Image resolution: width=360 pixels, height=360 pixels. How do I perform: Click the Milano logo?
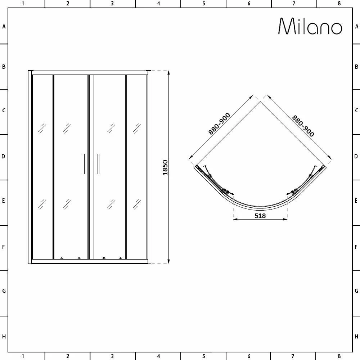[x=310, y=26]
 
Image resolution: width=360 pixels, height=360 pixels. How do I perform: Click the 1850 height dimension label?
[x=165, y=167]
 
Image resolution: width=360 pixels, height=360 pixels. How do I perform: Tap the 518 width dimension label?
[x=260, y=216]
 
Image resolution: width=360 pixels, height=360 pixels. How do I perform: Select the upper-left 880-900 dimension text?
[x=219, y=123]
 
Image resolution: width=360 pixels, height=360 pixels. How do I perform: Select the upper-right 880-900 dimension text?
[x=303, y=126]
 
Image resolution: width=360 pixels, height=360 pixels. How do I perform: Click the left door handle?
[x=84, y=164]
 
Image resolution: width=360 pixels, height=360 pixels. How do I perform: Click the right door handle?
[x=98, y=164]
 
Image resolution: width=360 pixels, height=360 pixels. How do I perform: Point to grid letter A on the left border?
[x=4, y=26]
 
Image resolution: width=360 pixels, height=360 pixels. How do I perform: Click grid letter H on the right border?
[x=356, y=337]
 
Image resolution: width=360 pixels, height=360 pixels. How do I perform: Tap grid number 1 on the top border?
[x=23, y=4]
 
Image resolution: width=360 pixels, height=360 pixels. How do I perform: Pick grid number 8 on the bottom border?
[x=339, y=356]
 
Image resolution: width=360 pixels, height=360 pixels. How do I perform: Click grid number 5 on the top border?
[x=204, y=4]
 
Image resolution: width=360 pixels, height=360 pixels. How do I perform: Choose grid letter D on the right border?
[x=356, y=157]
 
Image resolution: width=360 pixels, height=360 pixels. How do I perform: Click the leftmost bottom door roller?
[x=62, y=258]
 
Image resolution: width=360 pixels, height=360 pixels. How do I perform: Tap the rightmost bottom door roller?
[x=121, y=258]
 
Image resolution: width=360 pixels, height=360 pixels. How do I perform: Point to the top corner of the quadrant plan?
[x=260, y=102]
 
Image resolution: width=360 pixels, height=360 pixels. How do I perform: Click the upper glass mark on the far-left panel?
[x=42, y=128]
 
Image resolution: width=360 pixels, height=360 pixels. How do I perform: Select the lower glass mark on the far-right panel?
[x=137, y=204]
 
